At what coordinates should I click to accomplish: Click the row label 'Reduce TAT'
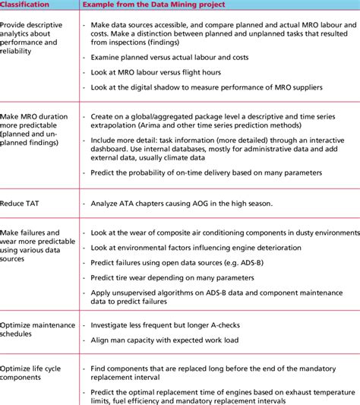[x=23, y=204]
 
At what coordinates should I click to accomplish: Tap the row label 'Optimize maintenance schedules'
[x=37, y=331]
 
